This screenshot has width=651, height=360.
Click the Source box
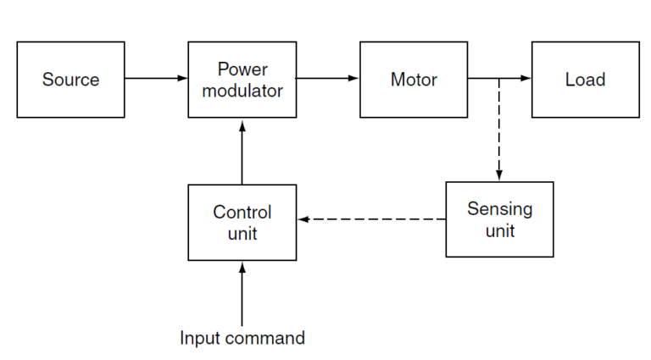pyautogui.click(x=70, y=80)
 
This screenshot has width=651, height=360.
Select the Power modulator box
pyautogui.click(x=242, y=80)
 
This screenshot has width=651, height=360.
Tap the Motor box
pyautogui.click(x=414, y=80)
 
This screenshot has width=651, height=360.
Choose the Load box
pyautogui.click(x=585, y=80)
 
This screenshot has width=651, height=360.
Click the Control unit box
pyautogui.click(x=242, y=222)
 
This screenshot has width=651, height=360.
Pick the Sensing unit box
pyautogui.click(x=499, y=219)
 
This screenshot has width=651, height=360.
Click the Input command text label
pyautogui.click(x=242, y=338)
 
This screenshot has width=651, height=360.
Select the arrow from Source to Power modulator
pyautogui.click(x=156, y=79)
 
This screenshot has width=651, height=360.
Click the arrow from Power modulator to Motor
pyautogui.click(x=328, y=79)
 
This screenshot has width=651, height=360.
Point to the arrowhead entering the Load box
pyautogui.click(x=526, y=79)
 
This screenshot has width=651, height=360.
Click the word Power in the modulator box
pyautogui.click(x=242, y=69)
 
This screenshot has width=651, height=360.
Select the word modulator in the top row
pyautogui.click(x=242, y=91)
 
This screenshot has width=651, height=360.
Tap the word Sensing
pyautogui.click(x=499, y=209)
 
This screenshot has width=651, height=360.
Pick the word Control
pyautogui.click(x=242, y=212)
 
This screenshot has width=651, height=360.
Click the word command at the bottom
pyautogui.click(x=266, y=338)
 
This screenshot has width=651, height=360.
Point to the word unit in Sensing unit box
pyautogui.click(x=499, y=230)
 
